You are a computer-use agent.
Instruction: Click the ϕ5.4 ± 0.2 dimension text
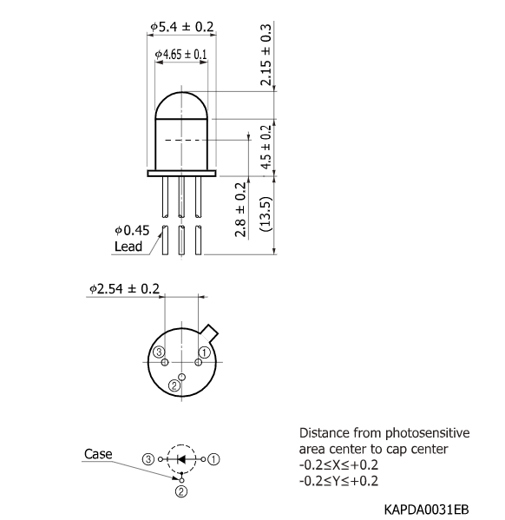coord(182,28)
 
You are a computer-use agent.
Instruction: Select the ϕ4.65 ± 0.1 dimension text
coord(181,55)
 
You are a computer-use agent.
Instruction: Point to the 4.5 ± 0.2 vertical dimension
coord(266,148)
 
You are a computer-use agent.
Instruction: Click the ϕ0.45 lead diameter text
coord(132,230)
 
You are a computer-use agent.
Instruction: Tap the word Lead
coord(128,246)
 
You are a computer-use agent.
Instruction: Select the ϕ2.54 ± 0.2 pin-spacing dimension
coord(124,288)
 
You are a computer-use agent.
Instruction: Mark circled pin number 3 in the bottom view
coord(158,352)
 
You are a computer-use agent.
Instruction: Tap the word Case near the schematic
coord(98,453)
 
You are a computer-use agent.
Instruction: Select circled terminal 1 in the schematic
coord(214,457)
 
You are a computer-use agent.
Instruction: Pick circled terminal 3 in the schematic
coord(149,457)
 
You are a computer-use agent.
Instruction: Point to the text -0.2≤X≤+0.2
coord(338,464)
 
